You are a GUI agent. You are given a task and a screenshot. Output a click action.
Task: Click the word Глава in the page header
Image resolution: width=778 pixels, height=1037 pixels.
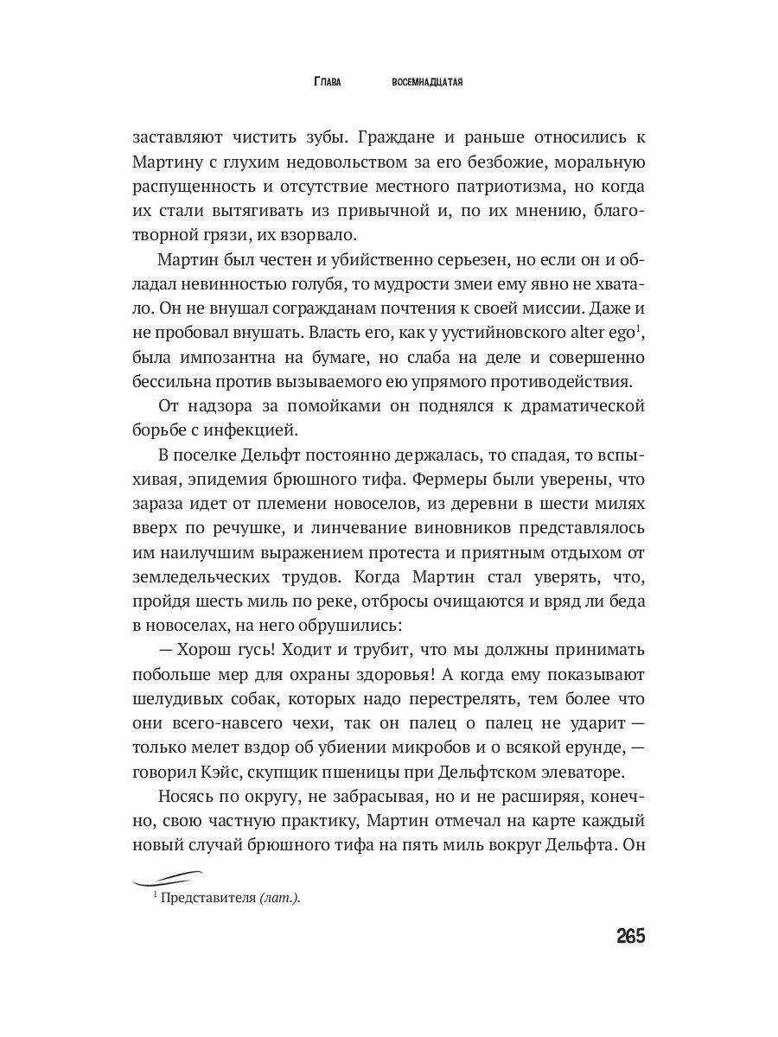point(327,82)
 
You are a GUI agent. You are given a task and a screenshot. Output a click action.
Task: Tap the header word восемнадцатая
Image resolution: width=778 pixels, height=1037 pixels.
point(429,82)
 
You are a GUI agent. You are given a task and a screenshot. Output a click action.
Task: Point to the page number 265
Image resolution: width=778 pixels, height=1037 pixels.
point(631,936)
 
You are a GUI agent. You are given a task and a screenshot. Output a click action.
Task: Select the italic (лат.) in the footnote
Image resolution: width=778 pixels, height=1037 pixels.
point(279,899)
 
